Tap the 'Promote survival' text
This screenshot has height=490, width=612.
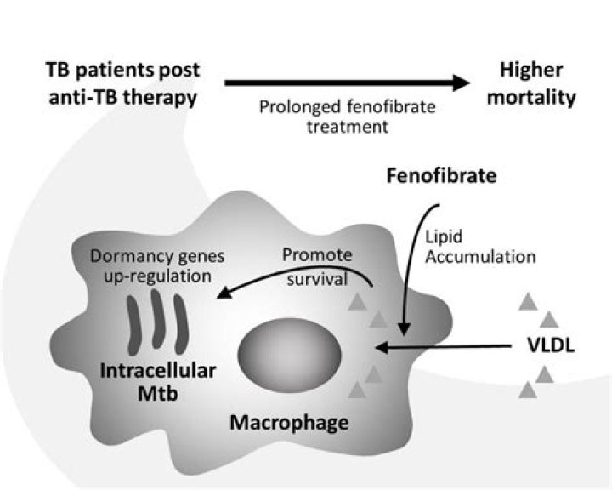pos(319,266)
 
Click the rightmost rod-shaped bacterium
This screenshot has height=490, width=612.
pos(180,323)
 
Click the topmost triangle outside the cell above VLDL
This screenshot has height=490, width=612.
pos(529,299)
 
